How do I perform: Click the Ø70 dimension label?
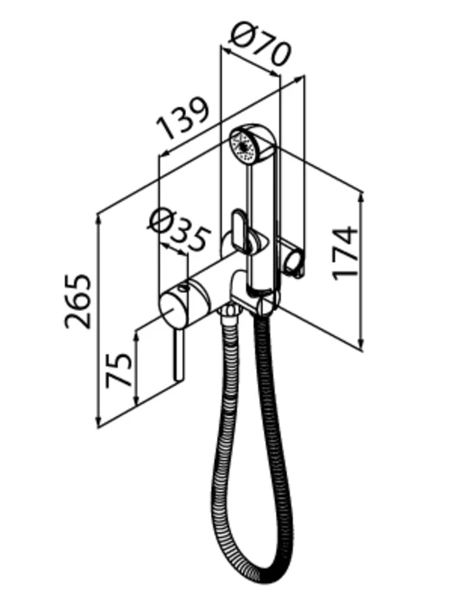point(259,43)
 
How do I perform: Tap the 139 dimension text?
point(183,118)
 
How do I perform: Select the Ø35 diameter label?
point(179,230)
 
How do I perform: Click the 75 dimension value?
point(119,370)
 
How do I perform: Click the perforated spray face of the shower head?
point(243,147)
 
